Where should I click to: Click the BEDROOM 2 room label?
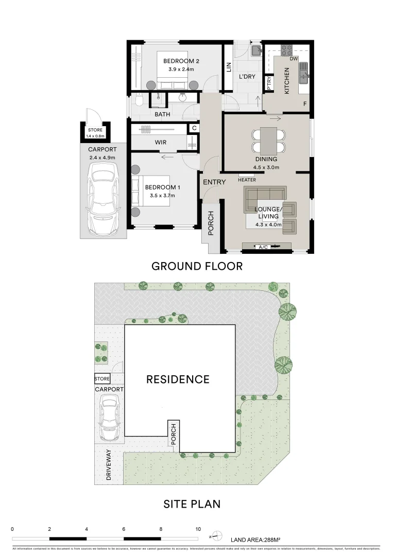(181, 61)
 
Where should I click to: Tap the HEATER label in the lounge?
(247, 180)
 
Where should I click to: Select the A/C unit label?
(263, 248)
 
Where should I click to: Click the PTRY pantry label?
(269, 83)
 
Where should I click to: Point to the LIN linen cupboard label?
(229, 67)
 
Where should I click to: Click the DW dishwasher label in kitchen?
(294, 59)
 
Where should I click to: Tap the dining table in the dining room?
(268, 140)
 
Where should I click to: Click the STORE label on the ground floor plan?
(95, 130)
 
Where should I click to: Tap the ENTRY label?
(214, 182)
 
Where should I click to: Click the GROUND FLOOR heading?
(197, 266)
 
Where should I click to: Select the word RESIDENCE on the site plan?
(178, 379)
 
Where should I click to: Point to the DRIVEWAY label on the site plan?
(109, 464)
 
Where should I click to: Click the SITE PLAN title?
(192, 503)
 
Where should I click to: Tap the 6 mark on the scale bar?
(124, 529)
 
